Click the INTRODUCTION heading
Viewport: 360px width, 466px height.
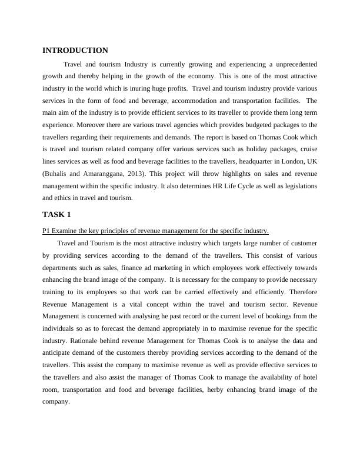pos(75,51)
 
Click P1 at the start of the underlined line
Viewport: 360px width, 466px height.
pos(46,230)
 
